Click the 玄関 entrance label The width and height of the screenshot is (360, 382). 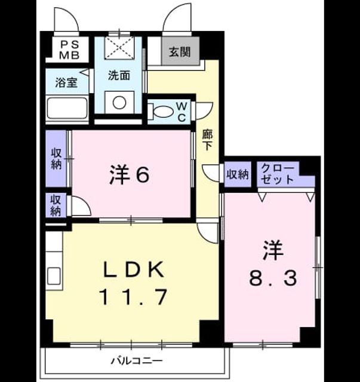coord(180,52)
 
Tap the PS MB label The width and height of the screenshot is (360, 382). coord(69,50)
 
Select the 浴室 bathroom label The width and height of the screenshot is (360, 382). coord(66,82)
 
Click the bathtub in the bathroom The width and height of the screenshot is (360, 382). coord(67,108)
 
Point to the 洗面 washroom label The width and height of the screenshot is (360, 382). coord(119,76)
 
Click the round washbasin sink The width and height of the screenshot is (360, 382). coord(119,103)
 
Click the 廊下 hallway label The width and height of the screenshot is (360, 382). coord(207,140)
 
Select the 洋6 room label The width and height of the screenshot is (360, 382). coord(129,174)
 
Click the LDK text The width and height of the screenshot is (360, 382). coord(133,269)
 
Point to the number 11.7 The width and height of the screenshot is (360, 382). coord(133,297)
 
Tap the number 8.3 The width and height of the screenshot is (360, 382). coord(273,278)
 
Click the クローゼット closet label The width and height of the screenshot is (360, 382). coord(278,174)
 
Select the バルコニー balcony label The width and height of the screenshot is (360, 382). coord(137,361)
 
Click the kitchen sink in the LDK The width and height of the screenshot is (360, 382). coord(54,276)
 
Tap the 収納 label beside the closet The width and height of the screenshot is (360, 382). coord(238,174)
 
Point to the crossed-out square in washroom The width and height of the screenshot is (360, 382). coord(119,48)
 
